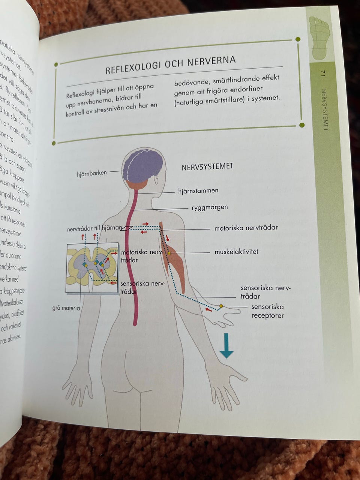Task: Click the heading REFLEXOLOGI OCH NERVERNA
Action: click(x=170, y=65)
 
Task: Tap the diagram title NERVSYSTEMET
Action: click(x=207, y=166)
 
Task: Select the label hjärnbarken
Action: click(x=92, y=173)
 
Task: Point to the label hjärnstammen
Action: click(x=198, y=191)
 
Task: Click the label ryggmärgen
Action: click(x=210, y=207)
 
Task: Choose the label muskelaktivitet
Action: click(x=236, y=252)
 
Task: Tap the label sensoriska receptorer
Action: click(x=267, y=311)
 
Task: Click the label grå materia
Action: click(x=66, y=308)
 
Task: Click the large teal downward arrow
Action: click(x=226, y=345)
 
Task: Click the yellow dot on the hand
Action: click(x=221, y=306)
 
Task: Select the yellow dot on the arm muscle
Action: click(x=169, y=253)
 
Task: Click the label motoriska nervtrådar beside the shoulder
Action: click(x=246, y=228)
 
